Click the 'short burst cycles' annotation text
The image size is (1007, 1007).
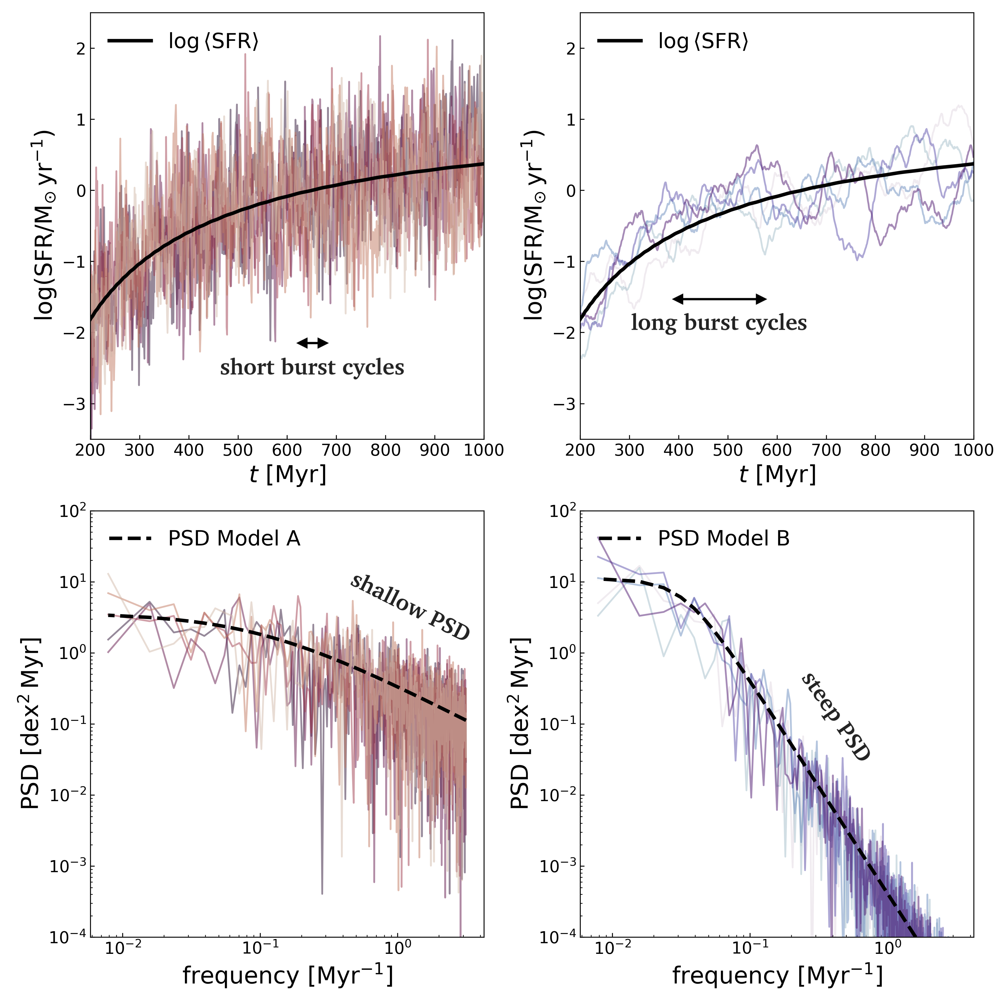[312, 368]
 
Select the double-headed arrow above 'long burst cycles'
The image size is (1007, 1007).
[719, 299]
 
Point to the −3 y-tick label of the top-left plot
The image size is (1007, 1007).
[74, 404]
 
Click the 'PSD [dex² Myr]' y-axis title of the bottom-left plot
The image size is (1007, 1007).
[30, 723]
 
